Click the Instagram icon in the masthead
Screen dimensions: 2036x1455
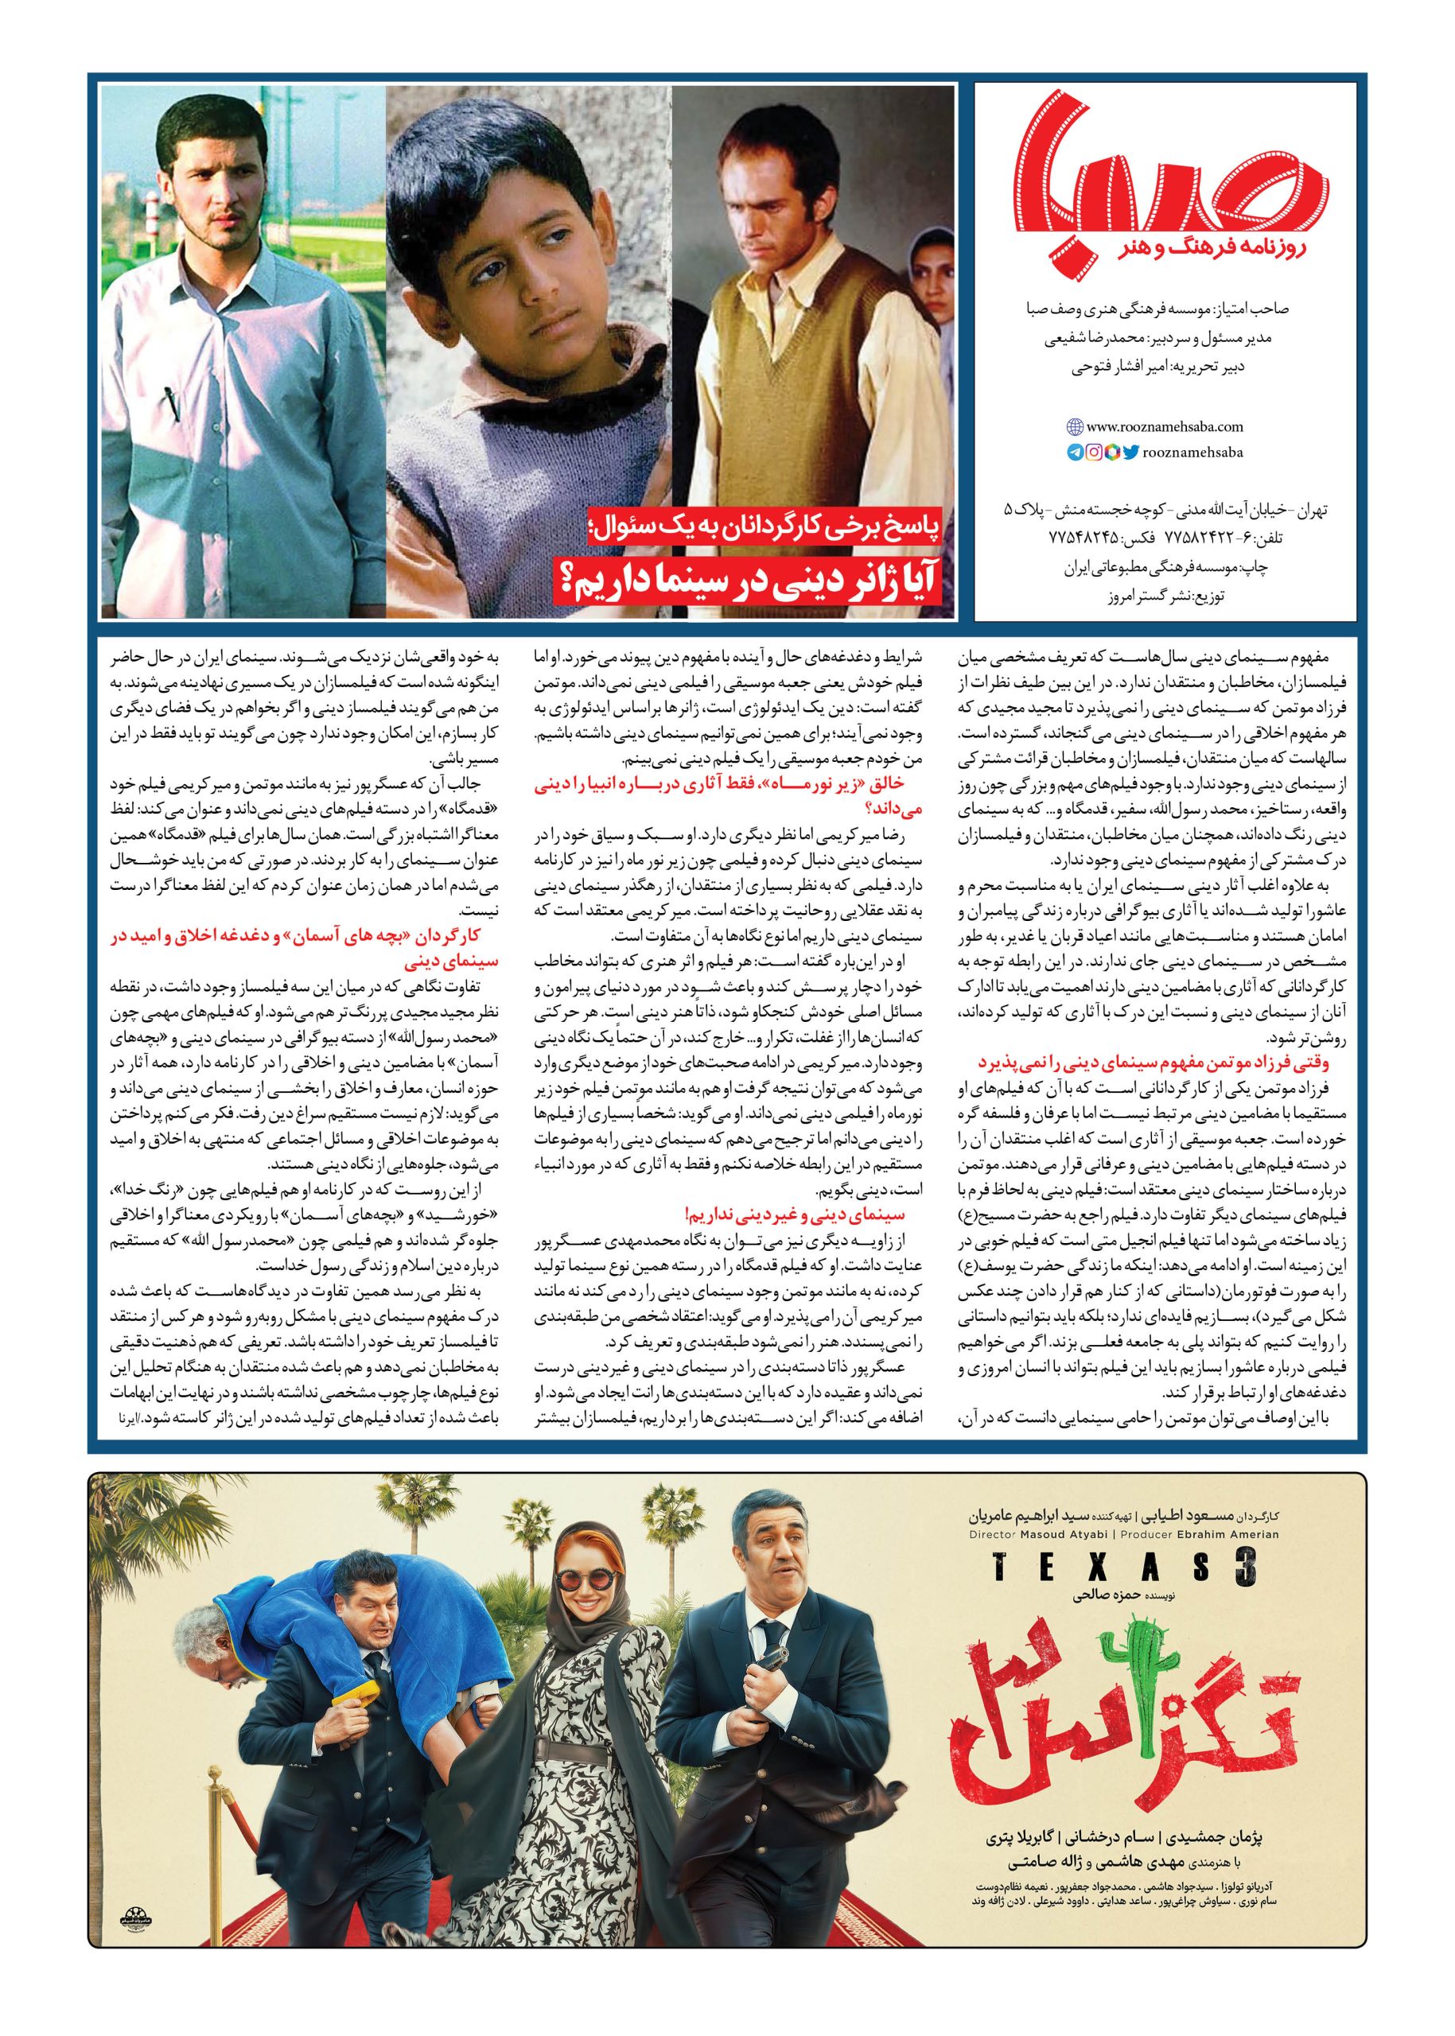(1092, 453)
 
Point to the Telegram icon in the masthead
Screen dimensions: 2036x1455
(1075, 453)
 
